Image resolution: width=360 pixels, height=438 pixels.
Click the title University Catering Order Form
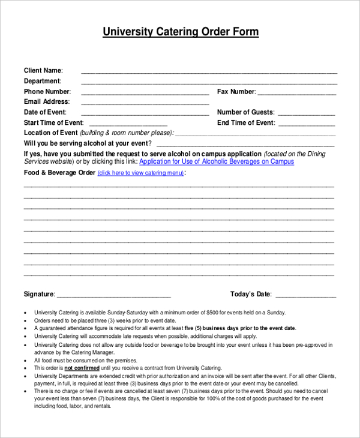pyautogui.click(x=181, y=32)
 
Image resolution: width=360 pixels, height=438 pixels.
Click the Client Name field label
pyautogui.click(x=43, y=70)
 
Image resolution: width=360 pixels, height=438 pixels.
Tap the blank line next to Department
pyautogui.click(x=209, y=82)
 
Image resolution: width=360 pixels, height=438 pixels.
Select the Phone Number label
pyautogui.click(x=47, y=92)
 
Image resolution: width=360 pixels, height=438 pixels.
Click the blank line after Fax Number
pyautogui.click(x=297, y=93)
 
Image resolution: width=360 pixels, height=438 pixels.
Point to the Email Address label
pyautogui.click(x=47, y=102)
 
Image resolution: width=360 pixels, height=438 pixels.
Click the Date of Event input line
pyautogui.click(x=145, y=113)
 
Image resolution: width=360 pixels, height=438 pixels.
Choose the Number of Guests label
pyautogui.click(x=245, y=112)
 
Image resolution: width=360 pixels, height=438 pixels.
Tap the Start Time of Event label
pyautogui.click(x=53, y=122)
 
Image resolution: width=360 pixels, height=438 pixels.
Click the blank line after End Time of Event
pyautogui.click(x=306, y=124)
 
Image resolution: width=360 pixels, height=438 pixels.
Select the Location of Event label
pyautogui.click(x=50, y=133)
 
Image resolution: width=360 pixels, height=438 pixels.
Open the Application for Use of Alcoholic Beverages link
pyautogui.click(x=217, y=161)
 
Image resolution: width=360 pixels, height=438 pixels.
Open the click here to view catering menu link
pyautogui.click(x=140, y=173)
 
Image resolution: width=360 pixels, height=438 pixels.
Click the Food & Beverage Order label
pyautogui.click(x=59, y=173)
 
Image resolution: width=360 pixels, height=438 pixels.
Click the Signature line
pyautogui.click(x=114, y=295)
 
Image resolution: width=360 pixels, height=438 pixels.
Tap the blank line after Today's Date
pyautogui.click(x=305, y=295)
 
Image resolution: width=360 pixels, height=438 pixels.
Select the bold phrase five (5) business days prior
pyautogui.click(x=219, y=328)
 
